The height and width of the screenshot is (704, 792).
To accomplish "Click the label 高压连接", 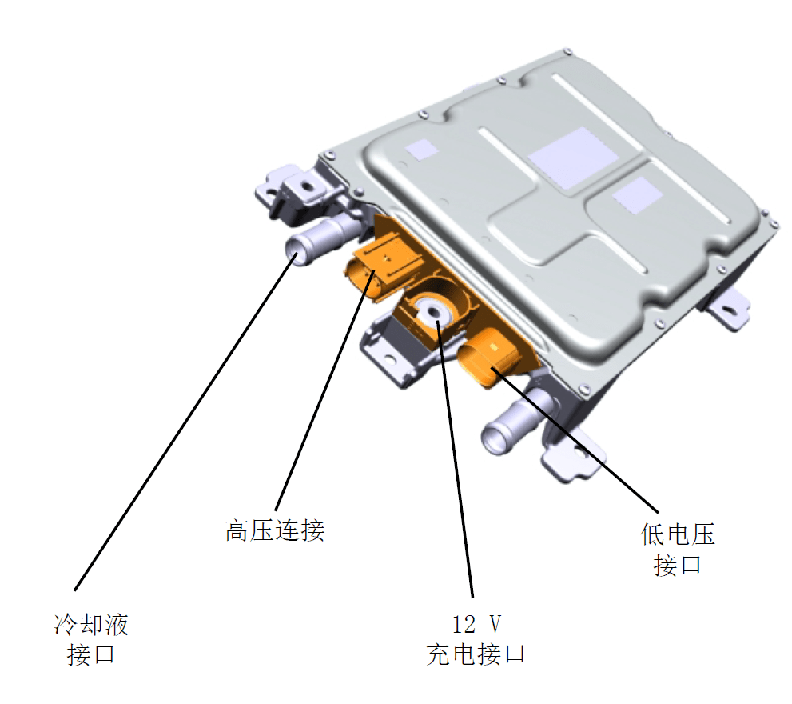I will click(274, 530).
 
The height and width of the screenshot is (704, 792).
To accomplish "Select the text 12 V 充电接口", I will click(476, 639).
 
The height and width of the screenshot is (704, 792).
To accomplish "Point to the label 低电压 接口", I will click(677, 550).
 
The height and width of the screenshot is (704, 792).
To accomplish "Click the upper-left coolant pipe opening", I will click(298, 256).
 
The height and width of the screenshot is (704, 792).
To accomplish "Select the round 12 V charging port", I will click(434, 311).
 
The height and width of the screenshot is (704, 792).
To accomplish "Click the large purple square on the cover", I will click(568, 157).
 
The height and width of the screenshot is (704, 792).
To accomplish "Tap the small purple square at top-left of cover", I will click(421, 147).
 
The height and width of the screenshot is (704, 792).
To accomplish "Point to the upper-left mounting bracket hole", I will click(304, 184).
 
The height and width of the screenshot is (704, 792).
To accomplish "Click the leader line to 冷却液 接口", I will click(184, 424).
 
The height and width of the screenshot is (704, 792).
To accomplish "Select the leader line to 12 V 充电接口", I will click(456, 456).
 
